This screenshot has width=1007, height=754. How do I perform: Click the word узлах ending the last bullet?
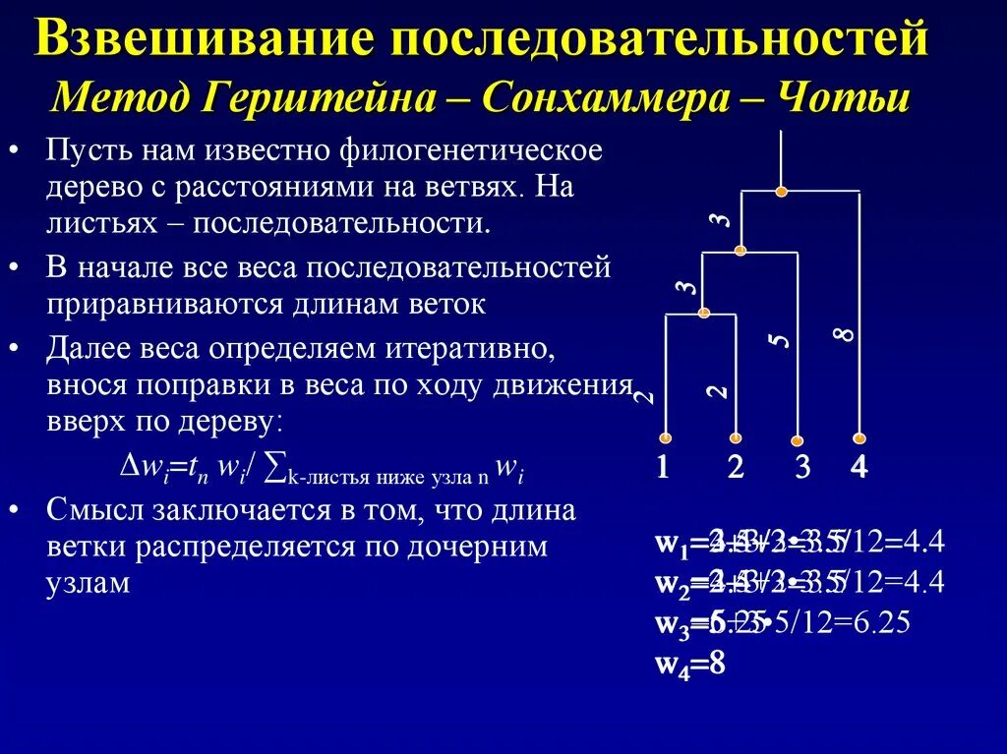pyautogui.click(x=88, y=582)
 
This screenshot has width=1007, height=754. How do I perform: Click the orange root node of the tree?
pyautogui.click(x=781, y=192)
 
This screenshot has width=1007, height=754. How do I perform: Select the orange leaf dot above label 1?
pyautogui.click(x=666, y=437)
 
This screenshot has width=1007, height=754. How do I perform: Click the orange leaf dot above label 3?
pyautogui.click(x=798, y=439)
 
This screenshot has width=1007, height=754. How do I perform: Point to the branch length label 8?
pyautogui.click(x=843, y=335)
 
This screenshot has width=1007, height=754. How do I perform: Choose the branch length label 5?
pyautogui.click(x=779, y=340)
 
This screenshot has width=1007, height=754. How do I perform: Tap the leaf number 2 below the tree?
pyautogui.click(x=735, y=468)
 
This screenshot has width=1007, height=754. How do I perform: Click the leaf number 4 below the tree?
pyautogui.click(x=859, y=468)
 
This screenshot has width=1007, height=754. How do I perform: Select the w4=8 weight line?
pyautogui.click(x=690, y=665)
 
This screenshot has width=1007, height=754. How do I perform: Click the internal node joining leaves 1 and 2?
pyautogui.click(x=703, y=314)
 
